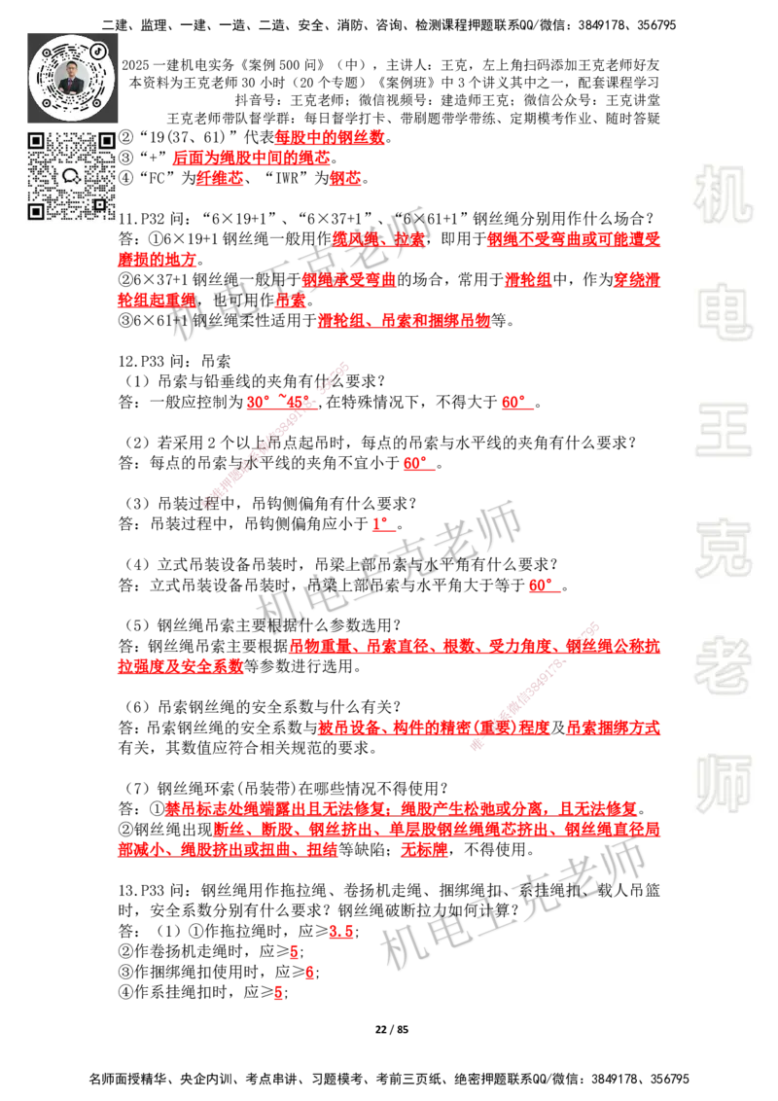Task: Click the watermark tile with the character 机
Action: coord(723,194)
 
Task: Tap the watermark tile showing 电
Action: coord(726,310)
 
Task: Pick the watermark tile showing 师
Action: coord(723,785)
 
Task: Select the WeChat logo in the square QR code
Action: coord(71,176)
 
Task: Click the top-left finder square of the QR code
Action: coord(36,141)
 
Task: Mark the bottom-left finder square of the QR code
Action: coord(36,211)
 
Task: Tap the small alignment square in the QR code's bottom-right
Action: coord(99,204)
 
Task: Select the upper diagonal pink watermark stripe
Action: coord(274,435)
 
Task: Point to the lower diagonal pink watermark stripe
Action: coord(533,684)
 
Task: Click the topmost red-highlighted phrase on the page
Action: coord(330,137)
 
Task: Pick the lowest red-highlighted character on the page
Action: coord(278,994)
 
